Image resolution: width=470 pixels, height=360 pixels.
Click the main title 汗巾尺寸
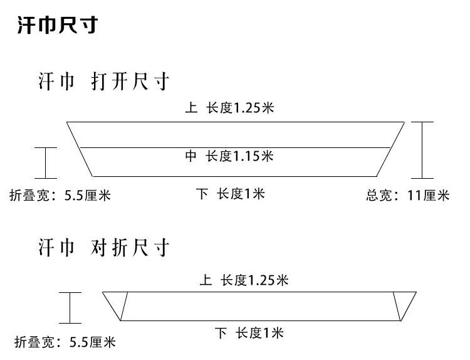pos(56,26)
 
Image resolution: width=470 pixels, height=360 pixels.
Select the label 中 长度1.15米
pos(229,156)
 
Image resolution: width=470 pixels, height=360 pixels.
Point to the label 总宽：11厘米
pos(407,195)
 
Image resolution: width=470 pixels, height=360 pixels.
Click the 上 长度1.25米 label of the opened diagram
pos(230,108)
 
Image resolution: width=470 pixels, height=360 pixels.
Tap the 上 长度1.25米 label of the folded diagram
pos(243,280)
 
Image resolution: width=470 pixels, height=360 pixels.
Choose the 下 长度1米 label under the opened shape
pos(230,194)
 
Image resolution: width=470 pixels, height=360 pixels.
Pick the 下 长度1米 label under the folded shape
pos(249,333)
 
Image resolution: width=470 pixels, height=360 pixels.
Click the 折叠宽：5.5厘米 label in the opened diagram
pos(60,195)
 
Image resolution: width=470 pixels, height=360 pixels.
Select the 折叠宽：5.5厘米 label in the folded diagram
pos(65,342)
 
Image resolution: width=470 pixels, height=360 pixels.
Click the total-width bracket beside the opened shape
pos(427,150)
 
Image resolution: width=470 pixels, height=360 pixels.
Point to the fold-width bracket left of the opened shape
pos(46,163)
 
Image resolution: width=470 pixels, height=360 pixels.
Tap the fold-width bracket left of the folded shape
pos(70,307)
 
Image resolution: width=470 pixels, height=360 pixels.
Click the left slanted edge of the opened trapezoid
pos(80,149)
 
